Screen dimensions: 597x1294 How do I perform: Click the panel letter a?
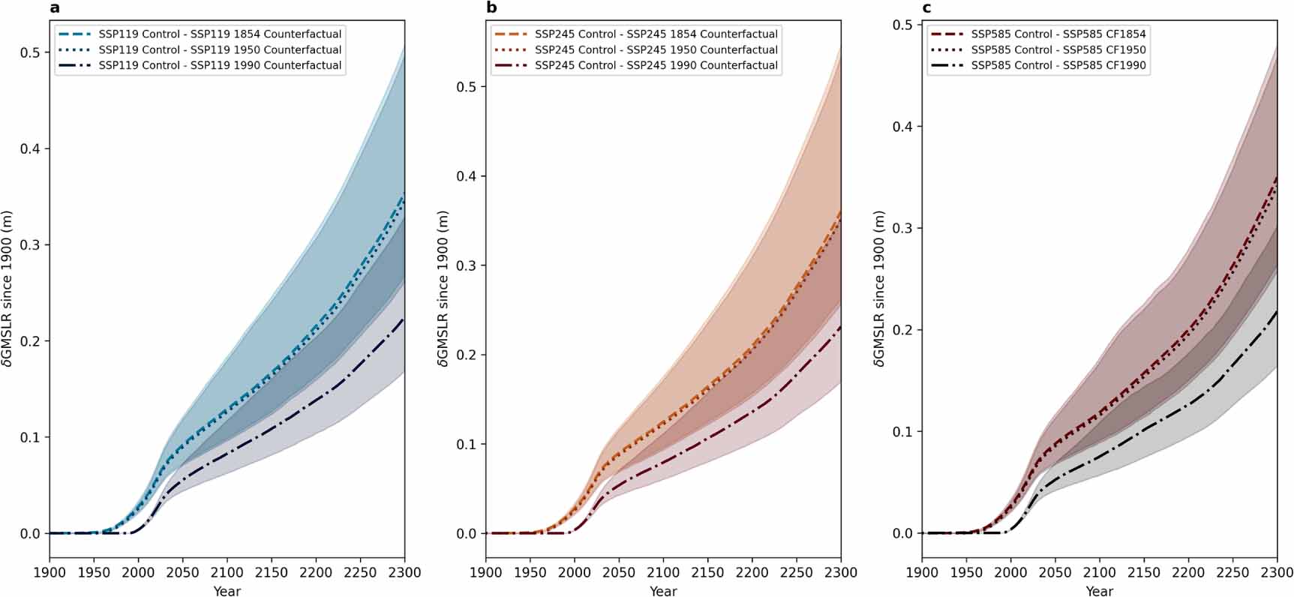click(x=54, y=9)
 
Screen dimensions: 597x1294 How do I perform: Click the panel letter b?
click(x=491, y=8)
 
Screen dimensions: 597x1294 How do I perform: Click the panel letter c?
click(x=927, y=9)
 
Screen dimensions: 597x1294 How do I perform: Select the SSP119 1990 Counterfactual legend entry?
click(x=220, y=65)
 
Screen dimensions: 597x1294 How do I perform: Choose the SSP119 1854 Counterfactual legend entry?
click(x=220, y=34)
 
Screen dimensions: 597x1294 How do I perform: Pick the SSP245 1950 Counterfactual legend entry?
click(x=656, y=49)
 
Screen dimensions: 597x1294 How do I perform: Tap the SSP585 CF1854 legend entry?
click(x=1058, y=34)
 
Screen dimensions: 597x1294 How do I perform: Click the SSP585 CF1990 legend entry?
click(x=1058, y=65)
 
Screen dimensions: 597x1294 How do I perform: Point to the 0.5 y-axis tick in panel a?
click(x=30, y=52)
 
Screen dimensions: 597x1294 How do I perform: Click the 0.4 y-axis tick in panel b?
click(x=467, y=176)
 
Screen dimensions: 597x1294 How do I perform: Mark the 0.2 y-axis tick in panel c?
click(x=902, y=330)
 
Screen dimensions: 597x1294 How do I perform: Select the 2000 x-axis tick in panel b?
click(x=574, y=572)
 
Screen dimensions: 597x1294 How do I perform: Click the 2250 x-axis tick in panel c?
click(x=1232, y=572)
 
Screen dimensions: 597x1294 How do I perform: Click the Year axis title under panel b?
click(x=663, y=591)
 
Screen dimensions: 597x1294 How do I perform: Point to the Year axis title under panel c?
click(x=1099, y=591)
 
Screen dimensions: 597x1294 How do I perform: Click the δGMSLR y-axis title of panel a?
click(x=8, y=289)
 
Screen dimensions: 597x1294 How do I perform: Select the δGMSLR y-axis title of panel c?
click(x=881, y=289)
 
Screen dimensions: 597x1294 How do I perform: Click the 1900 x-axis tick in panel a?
click(x=50, y=572)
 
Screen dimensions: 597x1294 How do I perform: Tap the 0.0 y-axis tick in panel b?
click(x=467, y=534)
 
